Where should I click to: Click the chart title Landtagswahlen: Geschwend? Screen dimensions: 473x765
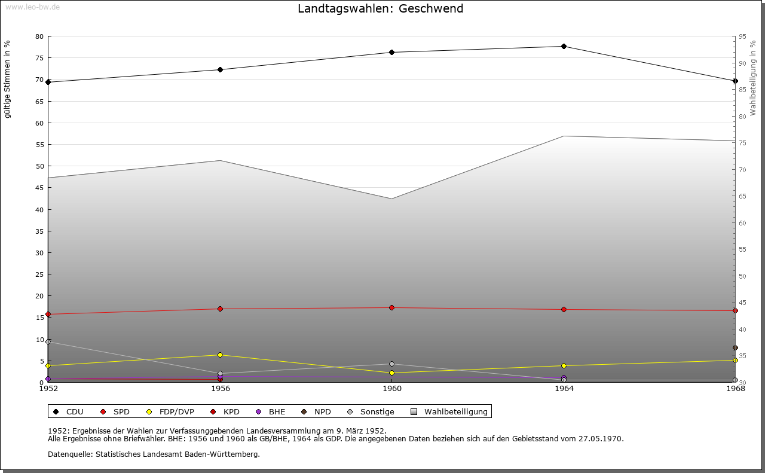tap(380, 8)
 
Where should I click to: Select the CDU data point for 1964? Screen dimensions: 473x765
tap(564, 47)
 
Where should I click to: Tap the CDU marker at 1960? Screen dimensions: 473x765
tap(392, 53)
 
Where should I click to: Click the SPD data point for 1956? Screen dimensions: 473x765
tap(220, 309)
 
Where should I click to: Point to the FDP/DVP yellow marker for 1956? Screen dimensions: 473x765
tap(220, 355)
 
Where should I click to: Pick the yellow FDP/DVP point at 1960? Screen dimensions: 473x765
tap(392, 373)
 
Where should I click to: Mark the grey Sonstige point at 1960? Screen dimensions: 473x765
tap(392, 364)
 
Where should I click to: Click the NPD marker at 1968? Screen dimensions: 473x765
tap(735, 348)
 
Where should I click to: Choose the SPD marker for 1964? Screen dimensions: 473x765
tap(564, 310)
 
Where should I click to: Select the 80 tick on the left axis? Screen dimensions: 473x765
tap(39, 36)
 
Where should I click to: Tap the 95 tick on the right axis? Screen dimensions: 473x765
tap(742, 36)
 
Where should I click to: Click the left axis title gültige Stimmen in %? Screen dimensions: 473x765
tap(8, 80)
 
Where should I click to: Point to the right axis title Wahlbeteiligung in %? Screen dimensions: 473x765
tap(752, 78)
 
